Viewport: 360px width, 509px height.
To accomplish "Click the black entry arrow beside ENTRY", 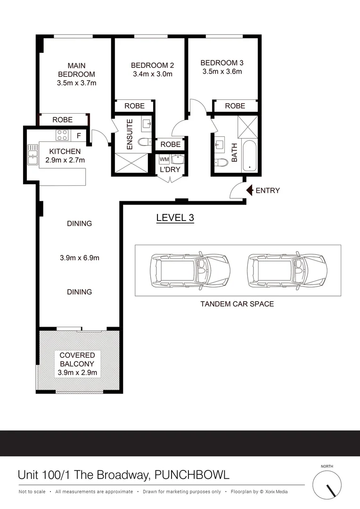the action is (x=250, y=190).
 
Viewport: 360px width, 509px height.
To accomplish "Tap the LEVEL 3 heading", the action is (x=175, y=218).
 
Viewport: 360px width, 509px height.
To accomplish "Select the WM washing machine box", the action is (x=164, y=159).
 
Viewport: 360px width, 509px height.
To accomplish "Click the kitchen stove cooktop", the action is (x=62, y=135).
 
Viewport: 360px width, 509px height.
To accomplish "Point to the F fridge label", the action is (x=79, y=136).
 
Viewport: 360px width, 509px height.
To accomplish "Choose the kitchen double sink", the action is (x=33, y=155).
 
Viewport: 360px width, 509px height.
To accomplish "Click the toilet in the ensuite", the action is (x=145, y=142).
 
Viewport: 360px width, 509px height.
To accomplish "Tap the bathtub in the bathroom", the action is (x=249, y=156).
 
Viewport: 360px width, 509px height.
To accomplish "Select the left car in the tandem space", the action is (x=190, y=271).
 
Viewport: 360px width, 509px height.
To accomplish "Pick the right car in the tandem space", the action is (x=287, y=271).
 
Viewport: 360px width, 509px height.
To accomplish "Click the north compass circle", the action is (x=327, y=484).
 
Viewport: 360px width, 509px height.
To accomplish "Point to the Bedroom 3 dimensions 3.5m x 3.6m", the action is (x=222, y=72).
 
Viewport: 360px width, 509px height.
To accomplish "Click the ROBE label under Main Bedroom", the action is (x=62, y=120).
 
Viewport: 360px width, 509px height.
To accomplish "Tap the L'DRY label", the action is (x=170, y=170).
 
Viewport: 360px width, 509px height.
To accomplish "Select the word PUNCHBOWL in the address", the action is (x=192, y=475).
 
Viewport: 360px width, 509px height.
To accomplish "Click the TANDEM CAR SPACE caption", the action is (x=237, y=304).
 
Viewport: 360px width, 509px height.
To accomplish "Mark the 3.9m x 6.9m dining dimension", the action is (x=80, y=258).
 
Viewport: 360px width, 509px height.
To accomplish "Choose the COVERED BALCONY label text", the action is (x=77, y=359).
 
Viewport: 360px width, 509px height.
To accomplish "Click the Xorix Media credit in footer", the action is (x=276, y=492).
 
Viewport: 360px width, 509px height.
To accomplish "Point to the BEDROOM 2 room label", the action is (x=152, y=65).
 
